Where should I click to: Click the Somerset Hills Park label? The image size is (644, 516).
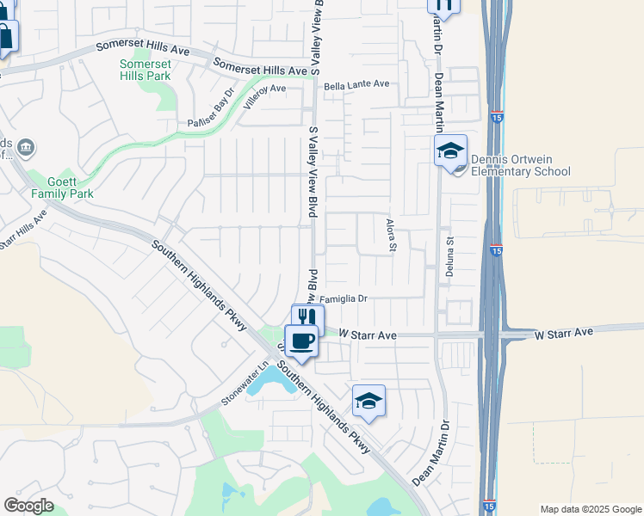tap(145, 70)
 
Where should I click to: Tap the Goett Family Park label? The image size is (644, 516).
tap(62, 187)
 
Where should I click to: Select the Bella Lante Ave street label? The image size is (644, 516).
tap(356, 84)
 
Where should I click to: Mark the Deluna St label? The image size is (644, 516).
tap(449, 253)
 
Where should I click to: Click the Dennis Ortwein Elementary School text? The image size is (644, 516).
tap(519, 165)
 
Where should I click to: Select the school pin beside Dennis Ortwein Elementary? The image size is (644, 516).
tap(449, 152)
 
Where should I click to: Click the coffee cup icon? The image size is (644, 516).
tap(300, 341)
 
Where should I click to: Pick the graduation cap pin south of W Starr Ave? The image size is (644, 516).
tap(368, 401)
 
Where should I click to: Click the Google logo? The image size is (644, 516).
tap(28, 506)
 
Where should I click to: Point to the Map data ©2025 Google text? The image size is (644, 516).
tap(591, 509)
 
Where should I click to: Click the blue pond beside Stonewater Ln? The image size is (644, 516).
tap(274, 381)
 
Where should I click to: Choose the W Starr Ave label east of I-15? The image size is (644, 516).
tap(564, 332)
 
